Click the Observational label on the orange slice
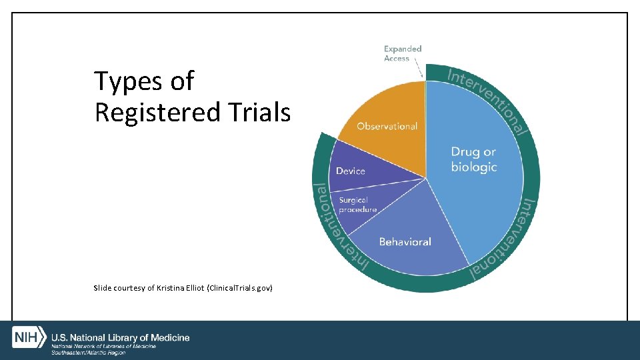point(387,126)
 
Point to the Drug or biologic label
point(474,160)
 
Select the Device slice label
point(351,171)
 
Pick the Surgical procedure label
point(357,205)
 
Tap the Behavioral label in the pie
point(405,241)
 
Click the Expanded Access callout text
point(403,53)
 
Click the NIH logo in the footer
point(29,338)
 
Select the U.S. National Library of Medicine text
point(121,337)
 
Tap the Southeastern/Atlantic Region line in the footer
point(89,352)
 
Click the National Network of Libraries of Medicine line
point(104,346)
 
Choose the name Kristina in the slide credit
point(171,288)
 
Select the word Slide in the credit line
point(103,288)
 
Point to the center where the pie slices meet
point(425,177)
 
